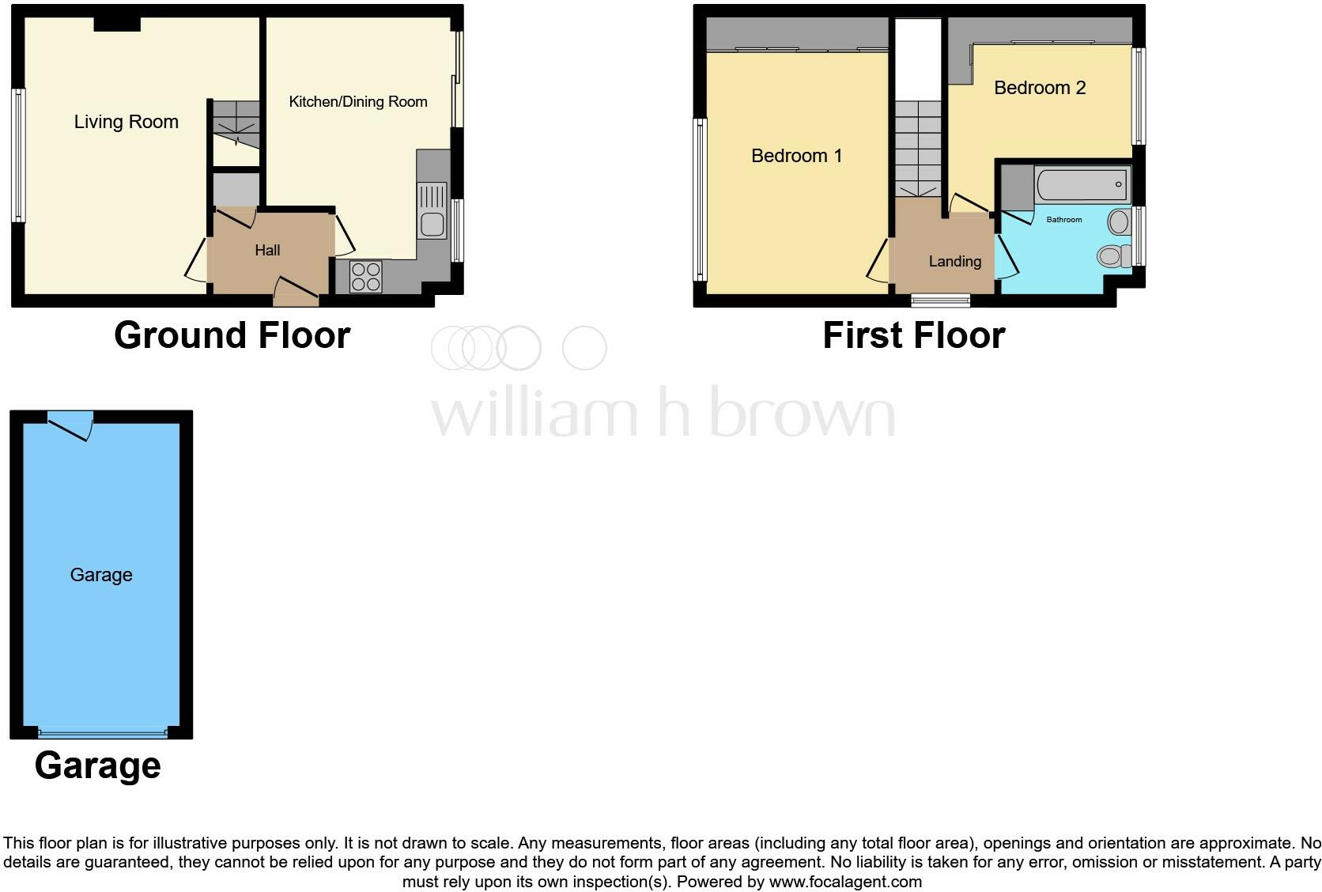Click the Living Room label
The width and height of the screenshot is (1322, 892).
(x=127, y=122)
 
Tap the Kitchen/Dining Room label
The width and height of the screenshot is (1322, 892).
(x=358, y=101)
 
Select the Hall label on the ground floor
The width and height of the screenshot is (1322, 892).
(x=267, y=250)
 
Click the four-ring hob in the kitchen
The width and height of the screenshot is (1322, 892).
(x=365, y=277)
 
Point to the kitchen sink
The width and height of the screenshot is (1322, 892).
(x=432, y=224)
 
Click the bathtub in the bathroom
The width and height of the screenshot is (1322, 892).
(x=1082, y=186)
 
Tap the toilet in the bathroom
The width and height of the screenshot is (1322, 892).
(x=1112, y=255)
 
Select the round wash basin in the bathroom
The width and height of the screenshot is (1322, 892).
(x=1118, y=222)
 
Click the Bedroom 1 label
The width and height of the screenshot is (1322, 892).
(x=796, y=156)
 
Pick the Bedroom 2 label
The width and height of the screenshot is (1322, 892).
(x=1040, y=88)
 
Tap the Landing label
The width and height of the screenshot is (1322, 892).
(x=954, y=261)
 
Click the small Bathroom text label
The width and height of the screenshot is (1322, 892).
(x=1063, y=219)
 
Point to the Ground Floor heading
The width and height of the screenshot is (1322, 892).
(x=232, y=335)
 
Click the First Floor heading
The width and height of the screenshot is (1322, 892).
(x=913, y=335)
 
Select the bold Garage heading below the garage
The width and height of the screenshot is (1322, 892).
(x=98, y=765)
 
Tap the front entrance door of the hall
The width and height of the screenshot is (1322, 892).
(x=296, y=292)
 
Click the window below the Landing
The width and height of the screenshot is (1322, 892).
(x=940, y=300)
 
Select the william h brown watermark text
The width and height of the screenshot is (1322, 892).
(x=663, y=411)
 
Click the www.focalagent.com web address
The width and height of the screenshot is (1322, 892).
(x=845, y=881)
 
